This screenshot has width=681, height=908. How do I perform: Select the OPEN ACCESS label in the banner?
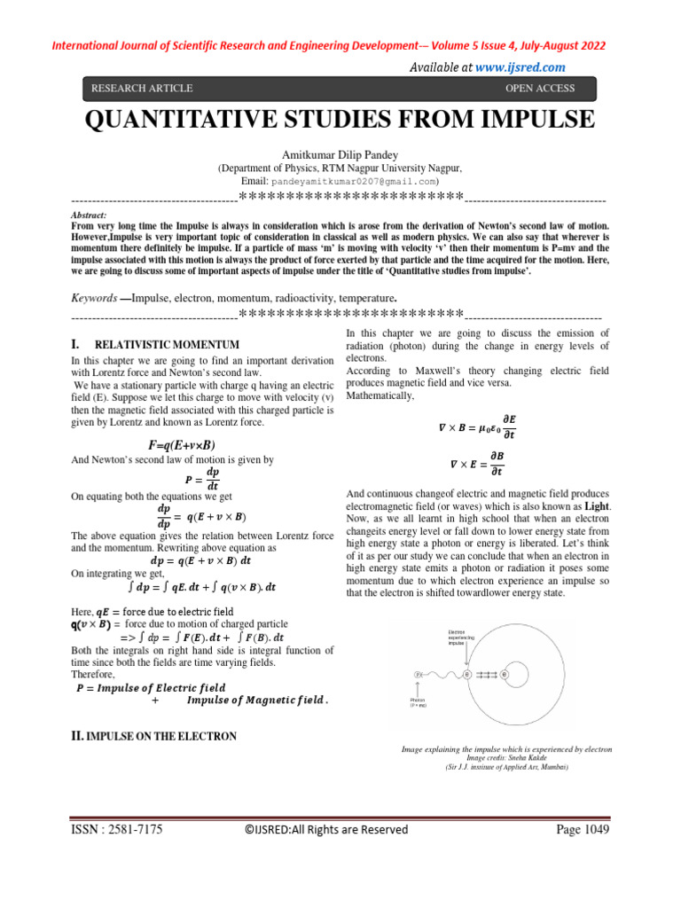click(539, 89)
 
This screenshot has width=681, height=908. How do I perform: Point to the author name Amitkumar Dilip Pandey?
click(340, 155)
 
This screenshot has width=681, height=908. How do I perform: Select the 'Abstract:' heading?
click(89, 215)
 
